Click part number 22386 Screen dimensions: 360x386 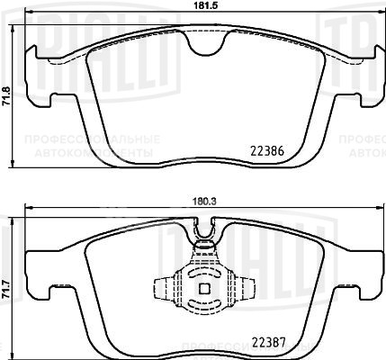[x=265, y=153]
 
